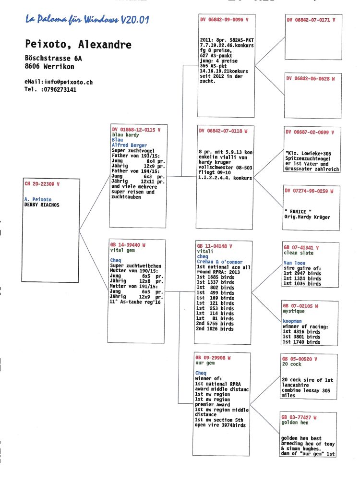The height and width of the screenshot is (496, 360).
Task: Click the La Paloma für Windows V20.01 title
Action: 87,20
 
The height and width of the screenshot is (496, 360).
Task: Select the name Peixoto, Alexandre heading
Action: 78,44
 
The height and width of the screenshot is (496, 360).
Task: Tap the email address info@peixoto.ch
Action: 68,82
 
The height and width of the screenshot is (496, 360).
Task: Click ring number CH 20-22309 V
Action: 42,184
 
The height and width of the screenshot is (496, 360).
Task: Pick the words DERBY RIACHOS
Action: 42,205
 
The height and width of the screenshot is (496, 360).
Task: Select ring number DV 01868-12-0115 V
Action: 136,130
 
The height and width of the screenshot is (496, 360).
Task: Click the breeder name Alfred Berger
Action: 130,145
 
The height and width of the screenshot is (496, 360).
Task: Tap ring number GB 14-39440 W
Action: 128,245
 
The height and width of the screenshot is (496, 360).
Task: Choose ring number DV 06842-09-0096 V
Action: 224,20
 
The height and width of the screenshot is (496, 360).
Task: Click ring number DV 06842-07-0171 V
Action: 311,20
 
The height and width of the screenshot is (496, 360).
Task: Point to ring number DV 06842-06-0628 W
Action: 311,78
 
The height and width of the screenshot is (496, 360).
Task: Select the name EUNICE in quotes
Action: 298,212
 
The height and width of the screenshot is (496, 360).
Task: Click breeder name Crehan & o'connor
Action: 220,262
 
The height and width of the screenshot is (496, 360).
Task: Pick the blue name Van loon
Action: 294,263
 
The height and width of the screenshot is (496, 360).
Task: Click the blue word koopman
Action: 292,321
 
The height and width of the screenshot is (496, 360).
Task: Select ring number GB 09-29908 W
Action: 213,358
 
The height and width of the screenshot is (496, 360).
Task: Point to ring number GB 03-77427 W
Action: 299,417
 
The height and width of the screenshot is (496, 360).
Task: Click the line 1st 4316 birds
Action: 301,332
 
